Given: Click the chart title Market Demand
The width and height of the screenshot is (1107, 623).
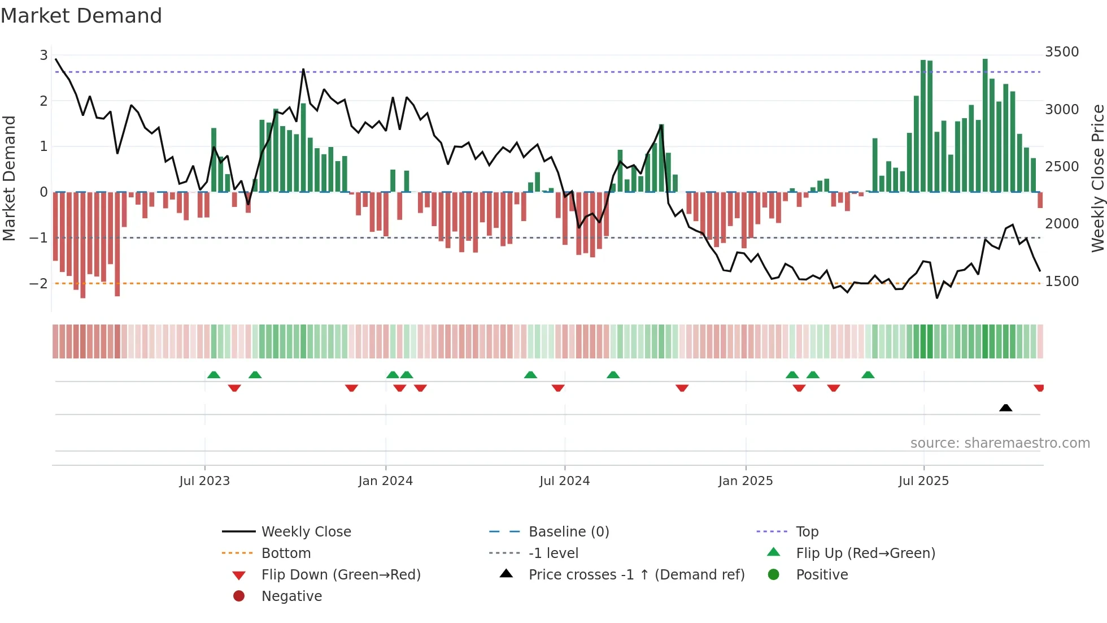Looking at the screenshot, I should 81,16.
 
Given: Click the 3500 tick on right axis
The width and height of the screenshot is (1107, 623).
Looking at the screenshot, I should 1062,52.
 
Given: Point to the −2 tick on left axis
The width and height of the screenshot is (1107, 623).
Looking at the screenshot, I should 38,283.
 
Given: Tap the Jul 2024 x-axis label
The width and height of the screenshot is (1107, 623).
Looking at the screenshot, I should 564,481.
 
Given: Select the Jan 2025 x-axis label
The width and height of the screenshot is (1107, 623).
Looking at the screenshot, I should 746,481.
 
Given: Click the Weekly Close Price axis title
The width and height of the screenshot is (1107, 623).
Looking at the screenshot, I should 1097,178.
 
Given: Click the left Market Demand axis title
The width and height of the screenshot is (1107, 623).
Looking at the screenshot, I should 9,178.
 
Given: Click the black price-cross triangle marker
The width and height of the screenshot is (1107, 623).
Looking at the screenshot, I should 1005,408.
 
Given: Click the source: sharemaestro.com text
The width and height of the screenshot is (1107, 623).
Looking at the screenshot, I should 1000,443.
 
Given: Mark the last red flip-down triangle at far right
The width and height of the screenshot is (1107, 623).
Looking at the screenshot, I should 1039,388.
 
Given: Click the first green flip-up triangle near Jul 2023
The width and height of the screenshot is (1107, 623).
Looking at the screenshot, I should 213,375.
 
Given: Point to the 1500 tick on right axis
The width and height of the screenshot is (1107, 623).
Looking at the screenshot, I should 1062,282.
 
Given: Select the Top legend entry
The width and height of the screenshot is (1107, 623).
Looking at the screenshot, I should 807,532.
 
